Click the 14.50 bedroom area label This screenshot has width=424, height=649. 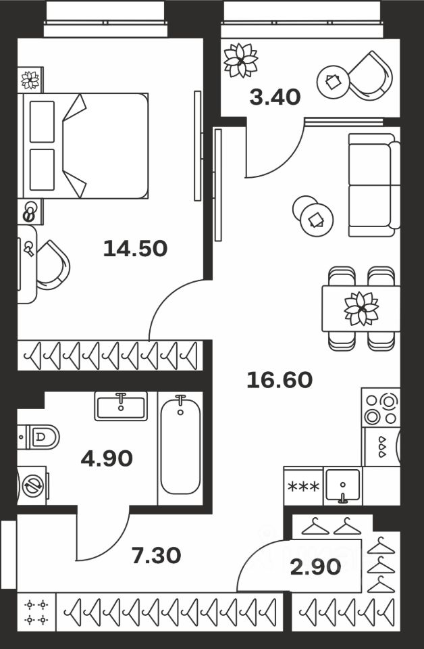(135, 249)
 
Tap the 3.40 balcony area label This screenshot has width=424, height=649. (275, 98)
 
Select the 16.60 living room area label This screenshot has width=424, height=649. (280, 381)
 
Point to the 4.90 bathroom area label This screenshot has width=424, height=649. (107, 459)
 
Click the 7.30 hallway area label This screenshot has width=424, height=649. (156, 556)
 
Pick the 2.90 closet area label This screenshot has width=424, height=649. (316, 567)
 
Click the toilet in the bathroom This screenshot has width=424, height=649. (39, 437)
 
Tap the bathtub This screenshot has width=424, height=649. (180, 446)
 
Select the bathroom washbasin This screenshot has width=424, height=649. (121, 406)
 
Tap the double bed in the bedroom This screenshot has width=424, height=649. (84, 145)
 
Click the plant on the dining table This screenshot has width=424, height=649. (361, 308)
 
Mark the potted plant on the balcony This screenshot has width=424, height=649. (240, 59)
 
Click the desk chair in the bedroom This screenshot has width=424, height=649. (53, 264)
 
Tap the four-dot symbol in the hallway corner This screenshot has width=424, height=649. (36, 612)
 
